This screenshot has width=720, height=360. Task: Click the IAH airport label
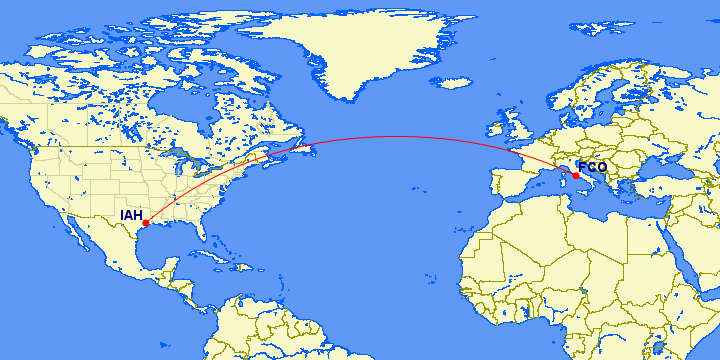coord(130,215)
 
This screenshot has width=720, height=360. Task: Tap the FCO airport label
coord(592,167)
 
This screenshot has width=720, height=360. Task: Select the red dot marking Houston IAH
coord(146,223)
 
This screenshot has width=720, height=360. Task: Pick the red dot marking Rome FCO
coord(575,176)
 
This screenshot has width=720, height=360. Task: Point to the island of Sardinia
coord(561,181)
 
